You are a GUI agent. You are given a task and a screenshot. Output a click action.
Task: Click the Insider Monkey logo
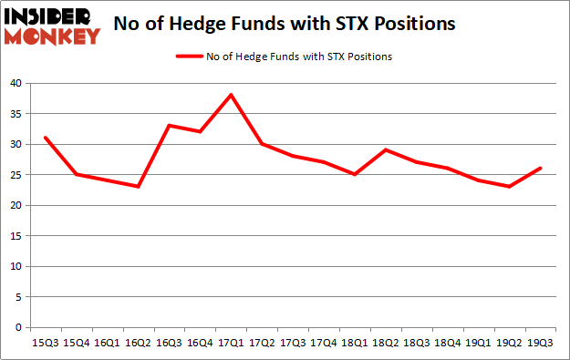(52, 26)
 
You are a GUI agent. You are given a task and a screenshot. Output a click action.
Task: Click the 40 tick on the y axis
(16, 83)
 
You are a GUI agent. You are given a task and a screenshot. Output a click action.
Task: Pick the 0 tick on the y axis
(18, 327)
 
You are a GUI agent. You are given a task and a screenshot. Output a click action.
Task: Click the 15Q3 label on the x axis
(44, 342)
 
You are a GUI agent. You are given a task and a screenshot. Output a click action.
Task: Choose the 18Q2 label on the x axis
(387, 342)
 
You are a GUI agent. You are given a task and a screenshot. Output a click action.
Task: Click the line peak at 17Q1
(232, 95)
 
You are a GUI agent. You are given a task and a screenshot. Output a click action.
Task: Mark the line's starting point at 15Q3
(44, 138)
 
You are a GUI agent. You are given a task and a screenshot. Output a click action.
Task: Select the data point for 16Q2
(138, 187)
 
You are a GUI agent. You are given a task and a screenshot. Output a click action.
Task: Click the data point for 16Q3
(169, 126)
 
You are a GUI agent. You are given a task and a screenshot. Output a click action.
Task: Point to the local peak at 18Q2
(387, 149)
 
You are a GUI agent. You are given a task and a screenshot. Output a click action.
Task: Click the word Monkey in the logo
(52, 36)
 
